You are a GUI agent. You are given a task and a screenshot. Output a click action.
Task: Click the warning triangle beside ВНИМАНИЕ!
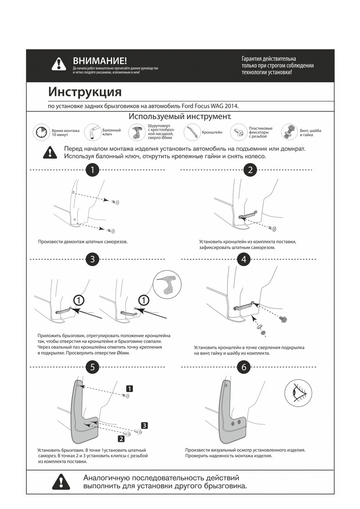58,64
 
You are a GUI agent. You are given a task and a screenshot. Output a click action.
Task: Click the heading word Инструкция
84,92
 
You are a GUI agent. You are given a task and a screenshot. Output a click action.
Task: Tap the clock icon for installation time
41,132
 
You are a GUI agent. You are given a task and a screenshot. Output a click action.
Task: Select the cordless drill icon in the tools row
137,132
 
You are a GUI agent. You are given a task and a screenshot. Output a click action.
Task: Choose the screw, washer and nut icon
289,132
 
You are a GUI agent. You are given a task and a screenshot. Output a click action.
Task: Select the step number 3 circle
92,259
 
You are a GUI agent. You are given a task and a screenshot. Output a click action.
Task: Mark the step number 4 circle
243,259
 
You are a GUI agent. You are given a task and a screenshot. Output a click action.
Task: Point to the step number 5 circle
92,367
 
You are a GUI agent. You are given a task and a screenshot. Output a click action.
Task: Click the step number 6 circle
243,367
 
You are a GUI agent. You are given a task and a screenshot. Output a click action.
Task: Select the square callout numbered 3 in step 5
144,425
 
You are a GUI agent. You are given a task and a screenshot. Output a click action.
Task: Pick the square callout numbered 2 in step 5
121,439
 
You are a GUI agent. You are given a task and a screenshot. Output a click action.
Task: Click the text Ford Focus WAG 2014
213,106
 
